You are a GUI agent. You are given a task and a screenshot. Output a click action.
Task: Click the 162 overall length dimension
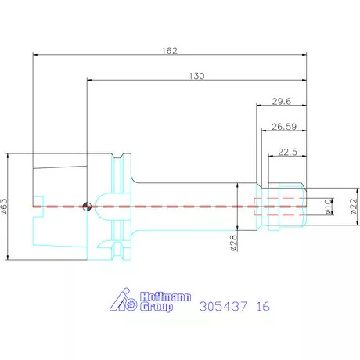point(170,50)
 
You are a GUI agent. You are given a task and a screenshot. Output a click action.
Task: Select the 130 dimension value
point(196,76)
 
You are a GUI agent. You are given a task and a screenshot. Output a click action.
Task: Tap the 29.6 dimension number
point(282,101)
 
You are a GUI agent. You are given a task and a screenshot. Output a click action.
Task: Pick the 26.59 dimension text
point(284,127)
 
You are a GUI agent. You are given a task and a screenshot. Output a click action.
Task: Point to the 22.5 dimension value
point(287,152)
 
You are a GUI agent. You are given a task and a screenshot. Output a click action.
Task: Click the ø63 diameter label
point(5,206)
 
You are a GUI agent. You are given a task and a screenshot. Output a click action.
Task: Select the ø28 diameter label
point(234,243)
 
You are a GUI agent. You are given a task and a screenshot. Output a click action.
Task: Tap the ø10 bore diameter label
point(329,207)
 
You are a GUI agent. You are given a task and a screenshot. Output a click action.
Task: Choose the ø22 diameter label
point(353,207)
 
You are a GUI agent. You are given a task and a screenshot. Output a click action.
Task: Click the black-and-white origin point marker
point(87,207)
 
